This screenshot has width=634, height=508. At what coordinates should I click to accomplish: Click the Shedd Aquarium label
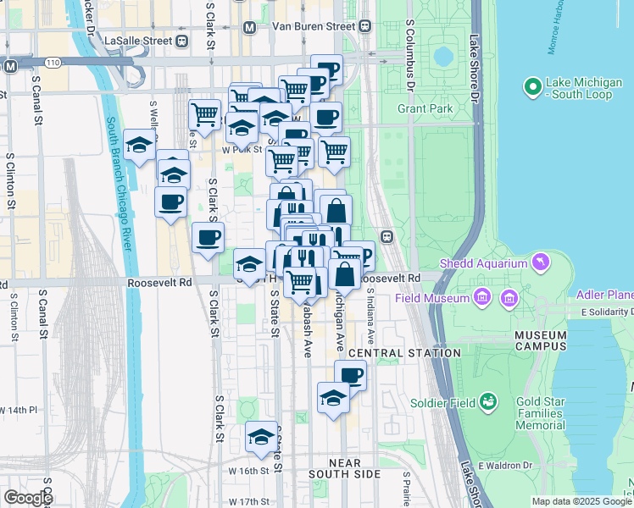click(488, 263)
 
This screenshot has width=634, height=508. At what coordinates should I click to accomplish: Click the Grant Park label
click(425, 108)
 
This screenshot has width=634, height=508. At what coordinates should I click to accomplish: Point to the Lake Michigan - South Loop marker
click(533, 86)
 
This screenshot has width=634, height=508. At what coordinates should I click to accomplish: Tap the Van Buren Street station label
click(313, 26)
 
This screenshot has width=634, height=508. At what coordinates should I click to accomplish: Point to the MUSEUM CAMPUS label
click(541, 340)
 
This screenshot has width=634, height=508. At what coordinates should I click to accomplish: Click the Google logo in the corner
click(28, 497)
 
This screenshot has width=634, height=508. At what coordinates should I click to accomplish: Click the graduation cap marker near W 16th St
click(262, 436)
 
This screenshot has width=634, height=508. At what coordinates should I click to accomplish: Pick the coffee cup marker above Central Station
click(350, 375)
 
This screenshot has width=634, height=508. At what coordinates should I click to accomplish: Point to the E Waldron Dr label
click(504, 465)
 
